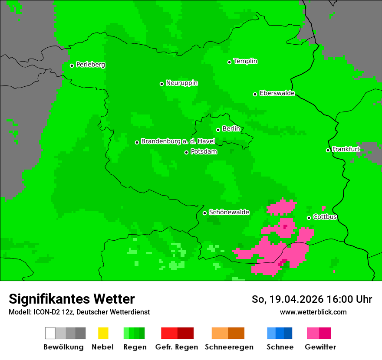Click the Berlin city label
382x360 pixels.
coord(231,129)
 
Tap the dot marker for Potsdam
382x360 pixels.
coord(187,152)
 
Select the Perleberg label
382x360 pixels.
coord(90,65)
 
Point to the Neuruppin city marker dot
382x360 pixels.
coord(162,84)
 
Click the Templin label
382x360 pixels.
coord(245,61)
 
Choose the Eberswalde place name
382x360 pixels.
coord(277,93)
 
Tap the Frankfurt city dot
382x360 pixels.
coord(328,150)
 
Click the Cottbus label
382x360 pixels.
coord(325,217)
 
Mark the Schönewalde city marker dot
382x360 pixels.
coord(205,213)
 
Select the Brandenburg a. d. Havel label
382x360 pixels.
coord(178,141)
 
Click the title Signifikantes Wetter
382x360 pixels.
coord(72,299)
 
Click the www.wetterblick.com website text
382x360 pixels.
coord(313,312)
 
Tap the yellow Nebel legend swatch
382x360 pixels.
coord(103,333)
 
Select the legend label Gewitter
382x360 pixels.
coord(320,347)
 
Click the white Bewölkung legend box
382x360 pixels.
coord(50,333)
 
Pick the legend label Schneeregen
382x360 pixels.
coord(229,347)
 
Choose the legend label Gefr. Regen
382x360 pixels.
coord(177,347)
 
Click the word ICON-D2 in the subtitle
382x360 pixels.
coord(45,312)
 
